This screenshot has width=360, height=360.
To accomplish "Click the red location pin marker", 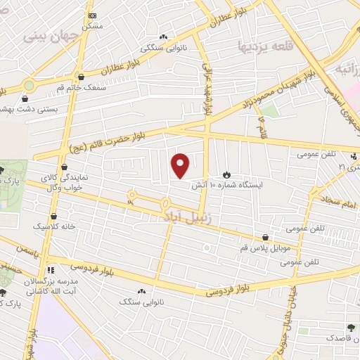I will pos(181,165).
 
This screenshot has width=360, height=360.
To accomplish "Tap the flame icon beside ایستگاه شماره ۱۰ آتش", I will pos(226,174).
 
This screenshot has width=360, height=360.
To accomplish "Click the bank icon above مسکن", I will pos(91,15).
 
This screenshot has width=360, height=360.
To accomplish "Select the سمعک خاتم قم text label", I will pos(82,88).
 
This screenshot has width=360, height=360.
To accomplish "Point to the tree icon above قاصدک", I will pos(350,327).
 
